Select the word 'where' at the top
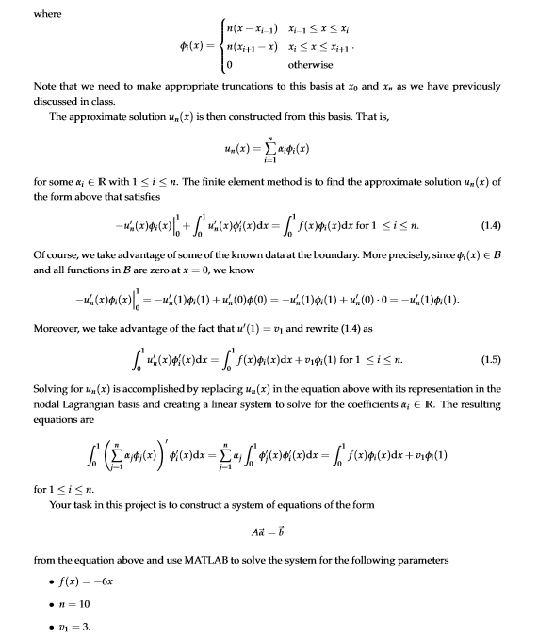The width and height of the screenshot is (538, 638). click(21, 12)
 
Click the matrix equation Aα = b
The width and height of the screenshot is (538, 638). click(269, 532)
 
